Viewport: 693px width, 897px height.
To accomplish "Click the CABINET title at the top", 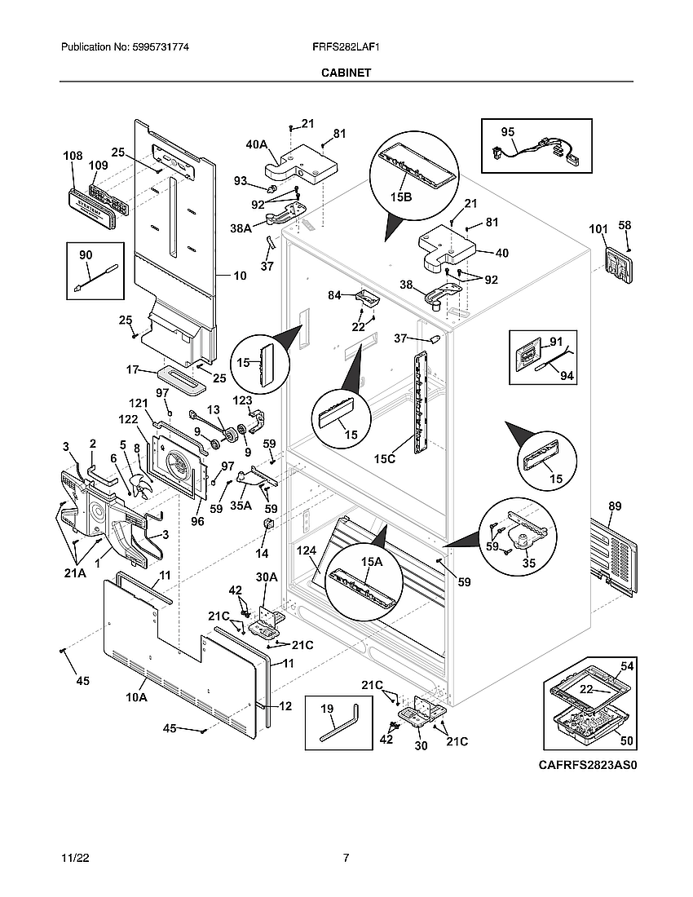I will (346, 73).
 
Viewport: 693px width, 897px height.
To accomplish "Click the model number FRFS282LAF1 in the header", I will (346, 48).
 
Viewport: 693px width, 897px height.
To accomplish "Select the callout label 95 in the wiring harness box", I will (507, 131).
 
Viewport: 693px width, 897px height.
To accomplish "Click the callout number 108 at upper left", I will (73, 154).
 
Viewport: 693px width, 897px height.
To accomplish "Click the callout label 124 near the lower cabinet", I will (307, 553).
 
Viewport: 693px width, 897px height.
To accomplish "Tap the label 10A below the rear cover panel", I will (136, 697).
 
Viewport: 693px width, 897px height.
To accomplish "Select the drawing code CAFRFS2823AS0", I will (586, 766).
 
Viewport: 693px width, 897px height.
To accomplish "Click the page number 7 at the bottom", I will (346, 858).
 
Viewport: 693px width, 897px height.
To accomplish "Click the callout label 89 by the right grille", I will (614, 506).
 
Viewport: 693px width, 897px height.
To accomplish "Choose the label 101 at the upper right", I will (598, 229).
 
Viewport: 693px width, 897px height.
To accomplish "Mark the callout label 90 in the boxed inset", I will (86, 256).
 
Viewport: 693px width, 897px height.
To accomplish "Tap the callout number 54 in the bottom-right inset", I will (626, 667).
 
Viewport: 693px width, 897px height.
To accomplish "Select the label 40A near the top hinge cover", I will (256, 144).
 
